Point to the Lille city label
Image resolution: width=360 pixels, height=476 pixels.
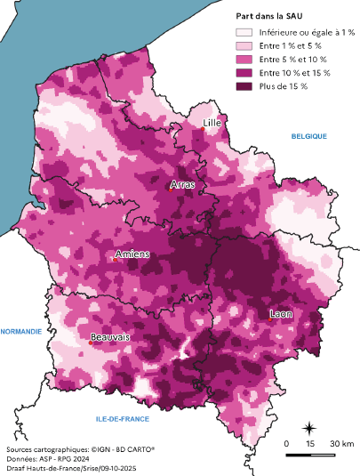212,122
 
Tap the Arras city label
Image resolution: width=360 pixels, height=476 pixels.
181,186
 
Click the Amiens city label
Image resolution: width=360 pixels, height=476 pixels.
132,254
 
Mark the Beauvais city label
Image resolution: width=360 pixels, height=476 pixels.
109,337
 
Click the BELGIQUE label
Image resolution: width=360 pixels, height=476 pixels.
309,136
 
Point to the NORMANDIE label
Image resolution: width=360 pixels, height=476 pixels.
21,331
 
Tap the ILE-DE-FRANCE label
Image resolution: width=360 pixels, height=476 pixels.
122,417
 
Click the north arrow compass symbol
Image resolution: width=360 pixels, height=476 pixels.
308,429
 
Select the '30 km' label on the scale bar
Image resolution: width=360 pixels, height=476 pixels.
342,443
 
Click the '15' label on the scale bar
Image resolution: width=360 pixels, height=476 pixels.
310,443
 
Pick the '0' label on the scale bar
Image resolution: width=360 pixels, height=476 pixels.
287,443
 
